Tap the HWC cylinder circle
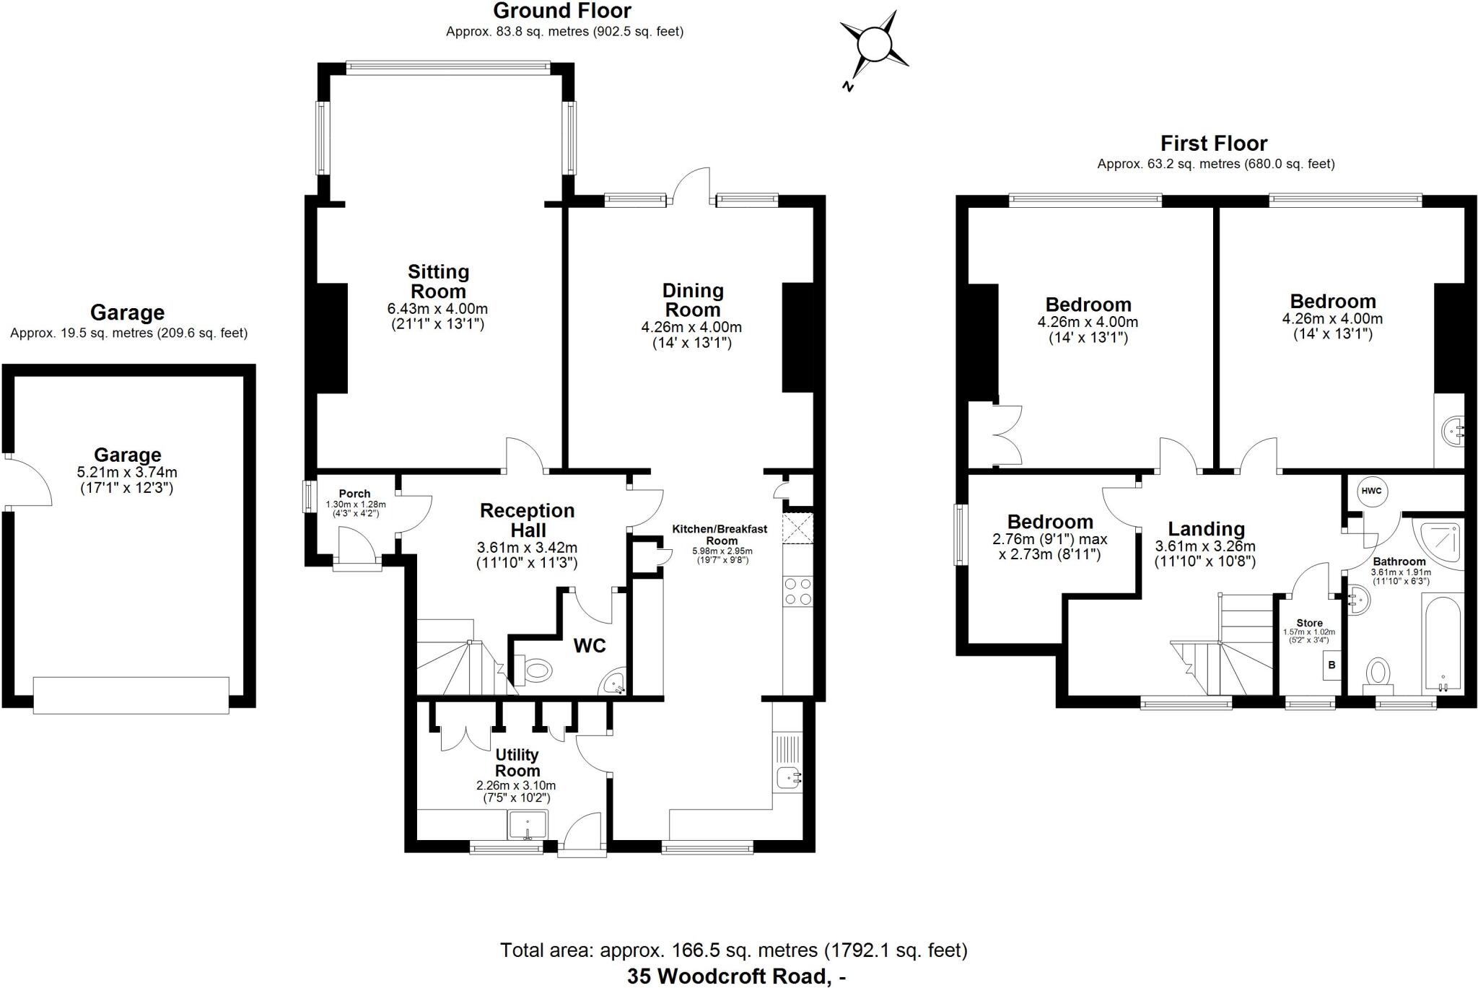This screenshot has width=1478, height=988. pyautogui.click(x=1370, y=491)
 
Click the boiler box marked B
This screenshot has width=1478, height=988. pyautogui.click(x=1332, y=664)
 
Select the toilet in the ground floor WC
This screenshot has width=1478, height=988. pyautogui.click(x=534, y=670)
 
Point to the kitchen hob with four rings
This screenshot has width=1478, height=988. pyautogui.click(x=797, y=591)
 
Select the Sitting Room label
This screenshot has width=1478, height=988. pyautogui.click(x=438, y=281)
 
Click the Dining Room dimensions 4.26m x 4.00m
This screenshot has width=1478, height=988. pyautogui.click(x=691, y=327)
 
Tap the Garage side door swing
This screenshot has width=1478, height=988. pyautogui.click(x=27, y=481)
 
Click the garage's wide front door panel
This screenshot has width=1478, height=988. pyautogui.click(x=131, y=695)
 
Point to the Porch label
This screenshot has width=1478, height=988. pyautogui.click(x=354, y=494)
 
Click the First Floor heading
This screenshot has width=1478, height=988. pyautogui.click(x=1214, y=143)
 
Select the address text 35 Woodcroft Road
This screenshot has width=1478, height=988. pyautogui.click(x=727, y=976)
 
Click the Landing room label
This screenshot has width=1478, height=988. pyautogui.click(x=1206, y=529)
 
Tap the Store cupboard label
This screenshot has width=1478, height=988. pyautogui.click(x=1309, y=623)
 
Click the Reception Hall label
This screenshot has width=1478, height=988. pyautogui.click(x=527, y=520)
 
